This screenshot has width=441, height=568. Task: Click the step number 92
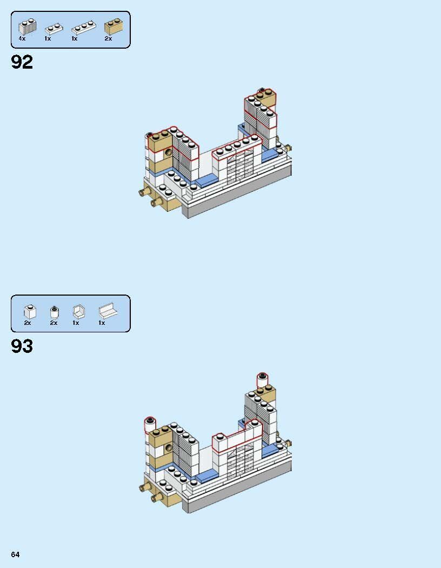22,62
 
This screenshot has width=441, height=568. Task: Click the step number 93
22,346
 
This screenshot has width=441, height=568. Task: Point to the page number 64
15,554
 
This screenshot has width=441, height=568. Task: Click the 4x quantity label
22,39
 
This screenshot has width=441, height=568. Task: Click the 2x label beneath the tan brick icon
108,39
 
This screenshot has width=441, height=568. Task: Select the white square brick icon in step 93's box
29,312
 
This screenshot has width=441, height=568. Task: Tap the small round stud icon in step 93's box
54,312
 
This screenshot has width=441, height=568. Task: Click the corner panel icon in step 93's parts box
78,312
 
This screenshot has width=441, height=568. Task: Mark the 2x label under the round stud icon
54,323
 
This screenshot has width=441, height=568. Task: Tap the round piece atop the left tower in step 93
149,424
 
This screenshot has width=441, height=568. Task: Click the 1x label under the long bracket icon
102,323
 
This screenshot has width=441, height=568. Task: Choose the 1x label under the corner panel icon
76,323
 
